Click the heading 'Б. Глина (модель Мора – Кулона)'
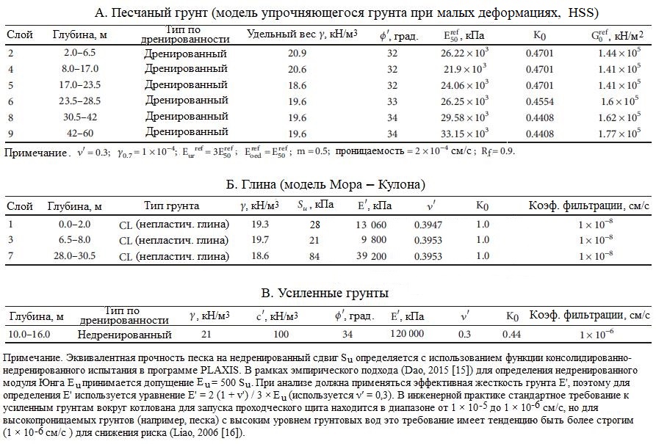326,184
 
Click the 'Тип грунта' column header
171,205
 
